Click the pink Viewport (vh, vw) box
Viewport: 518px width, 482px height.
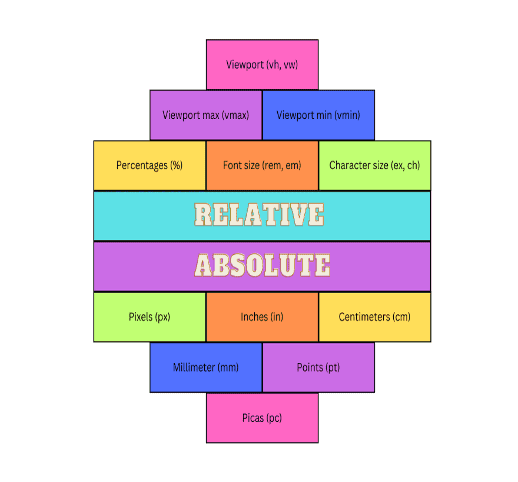(x=262, y=65)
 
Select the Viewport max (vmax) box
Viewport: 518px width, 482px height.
(x=206, y=115)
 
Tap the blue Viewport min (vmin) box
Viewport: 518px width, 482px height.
(x=318, y=115)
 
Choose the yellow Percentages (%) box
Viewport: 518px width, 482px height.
(x=149, y=166)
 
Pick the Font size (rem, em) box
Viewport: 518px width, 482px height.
(x=262, y=166)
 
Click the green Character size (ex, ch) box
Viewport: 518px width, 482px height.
(x=375, y=166)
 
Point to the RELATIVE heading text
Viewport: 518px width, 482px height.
(x=259, y=215)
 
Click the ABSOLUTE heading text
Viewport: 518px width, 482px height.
(x=262, y=265)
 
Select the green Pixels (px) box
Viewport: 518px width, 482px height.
(x=149, y=317)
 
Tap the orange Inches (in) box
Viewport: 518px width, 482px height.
(x=262, y=317)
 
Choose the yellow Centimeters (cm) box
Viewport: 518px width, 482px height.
(x=375, y=317)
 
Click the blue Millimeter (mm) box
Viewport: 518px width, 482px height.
(x=206, y=368)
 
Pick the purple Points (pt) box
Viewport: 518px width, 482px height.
(x=318, y=368)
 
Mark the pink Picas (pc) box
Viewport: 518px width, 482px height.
(x=262, y=418)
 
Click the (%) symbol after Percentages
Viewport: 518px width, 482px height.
(x=176, y=166)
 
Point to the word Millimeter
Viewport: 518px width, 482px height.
(x=194, y=368)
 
